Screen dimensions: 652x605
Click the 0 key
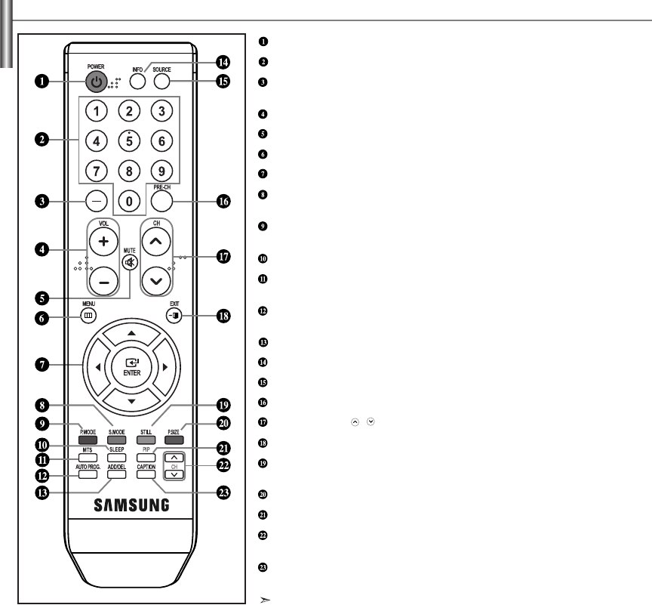click(x=129, y=201)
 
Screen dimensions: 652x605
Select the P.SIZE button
click(x=174, y=438)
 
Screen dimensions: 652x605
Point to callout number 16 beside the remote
click(x=223, y=202)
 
